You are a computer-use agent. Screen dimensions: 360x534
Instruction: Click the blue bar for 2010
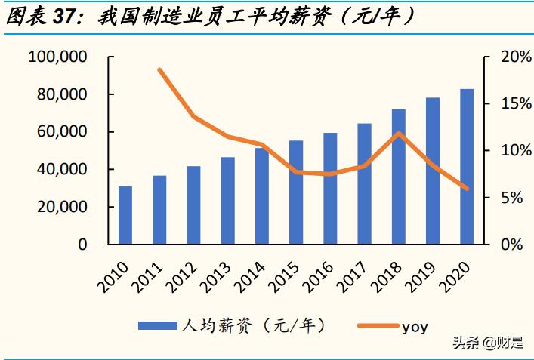tap(125, 215)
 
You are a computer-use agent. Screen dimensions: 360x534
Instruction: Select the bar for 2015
tap(296, 192)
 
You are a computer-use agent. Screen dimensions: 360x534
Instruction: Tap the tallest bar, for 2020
tap(467, 167)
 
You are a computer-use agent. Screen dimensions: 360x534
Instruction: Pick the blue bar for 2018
tap(399, 177)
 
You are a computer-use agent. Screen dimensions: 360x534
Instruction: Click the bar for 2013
tap(227, 201)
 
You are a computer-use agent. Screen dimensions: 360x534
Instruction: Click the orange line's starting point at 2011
tap(160, 70)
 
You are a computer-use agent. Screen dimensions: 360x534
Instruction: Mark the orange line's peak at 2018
tap(399, 134)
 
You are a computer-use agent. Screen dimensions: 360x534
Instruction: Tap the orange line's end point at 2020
tap(467, 189)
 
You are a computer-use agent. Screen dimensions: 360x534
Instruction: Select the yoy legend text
tap(414, 326)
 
